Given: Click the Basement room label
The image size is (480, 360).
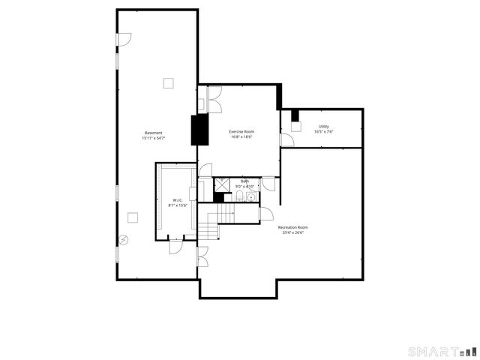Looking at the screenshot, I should click(153, 133).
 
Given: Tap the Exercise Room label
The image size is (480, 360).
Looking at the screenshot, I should click(241, 131).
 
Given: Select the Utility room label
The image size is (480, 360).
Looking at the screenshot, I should click(323, 126).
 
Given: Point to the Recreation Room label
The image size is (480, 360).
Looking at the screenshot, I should click(292, 227).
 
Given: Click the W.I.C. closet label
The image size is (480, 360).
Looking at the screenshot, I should click(178, 199).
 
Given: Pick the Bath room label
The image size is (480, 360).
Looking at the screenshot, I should click(244, 181).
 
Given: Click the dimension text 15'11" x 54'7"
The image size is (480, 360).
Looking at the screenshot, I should click(153, 138).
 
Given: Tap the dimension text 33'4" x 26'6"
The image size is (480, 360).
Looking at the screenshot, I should click(292, 232).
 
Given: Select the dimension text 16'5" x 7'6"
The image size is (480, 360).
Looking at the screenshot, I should click(323, 131).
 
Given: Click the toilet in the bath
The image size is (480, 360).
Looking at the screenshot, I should click(238, 196).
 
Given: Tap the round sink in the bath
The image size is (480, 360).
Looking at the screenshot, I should click(250, 197).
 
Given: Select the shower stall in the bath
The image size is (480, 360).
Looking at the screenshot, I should click(222, 184).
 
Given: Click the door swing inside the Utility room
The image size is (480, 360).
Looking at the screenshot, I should click(286, 139).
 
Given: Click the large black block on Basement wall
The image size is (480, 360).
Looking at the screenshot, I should click(199, 130).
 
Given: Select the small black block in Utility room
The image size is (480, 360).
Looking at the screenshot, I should click(295, 115).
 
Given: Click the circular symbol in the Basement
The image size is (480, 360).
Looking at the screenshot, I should click(124, 240).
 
